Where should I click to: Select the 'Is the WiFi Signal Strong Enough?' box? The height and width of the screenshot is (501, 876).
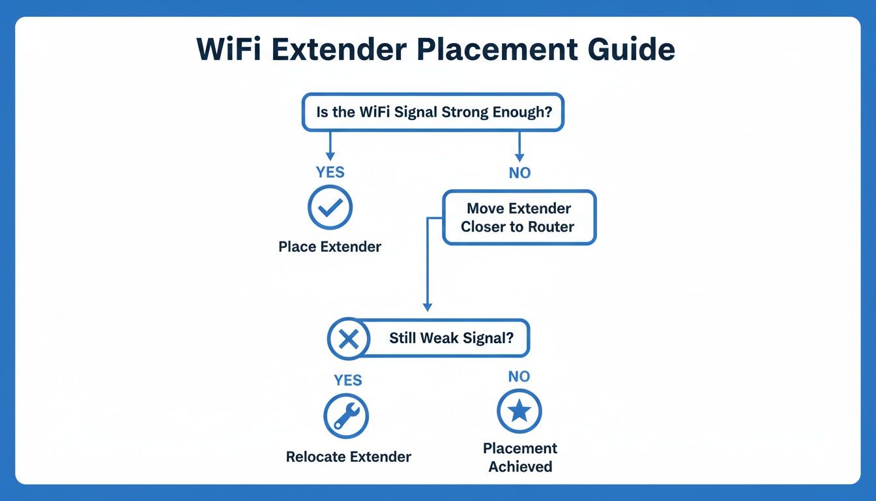point(433,112)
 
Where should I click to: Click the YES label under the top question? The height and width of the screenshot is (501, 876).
point(330,172)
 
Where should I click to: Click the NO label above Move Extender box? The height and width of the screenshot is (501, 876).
point(519,173)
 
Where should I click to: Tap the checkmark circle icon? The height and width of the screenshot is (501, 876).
point(330,207)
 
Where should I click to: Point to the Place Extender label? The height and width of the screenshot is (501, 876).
point(330,247)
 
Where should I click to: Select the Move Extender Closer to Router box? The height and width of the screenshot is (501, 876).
point(519,218)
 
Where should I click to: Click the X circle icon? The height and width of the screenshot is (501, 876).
point(349,339)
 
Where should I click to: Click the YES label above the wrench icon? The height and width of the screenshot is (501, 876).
point(348,380)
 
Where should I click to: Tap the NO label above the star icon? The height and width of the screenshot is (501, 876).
point(519,376)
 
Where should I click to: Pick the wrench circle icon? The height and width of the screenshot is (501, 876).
point(346,416)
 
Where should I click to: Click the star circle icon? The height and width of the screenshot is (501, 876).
point(519,412)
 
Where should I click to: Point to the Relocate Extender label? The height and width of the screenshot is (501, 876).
point(349,457)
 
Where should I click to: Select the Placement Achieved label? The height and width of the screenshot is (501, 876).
point(520,457)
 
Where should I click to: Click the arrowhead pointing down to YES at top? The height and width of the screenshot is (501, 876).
point(330,156)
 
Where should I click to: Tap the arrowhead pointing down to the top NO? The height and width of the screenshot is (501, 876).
point(519,157)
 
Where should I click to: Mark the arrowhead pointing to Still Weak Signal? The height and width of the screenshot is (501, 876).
point(428,306)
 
